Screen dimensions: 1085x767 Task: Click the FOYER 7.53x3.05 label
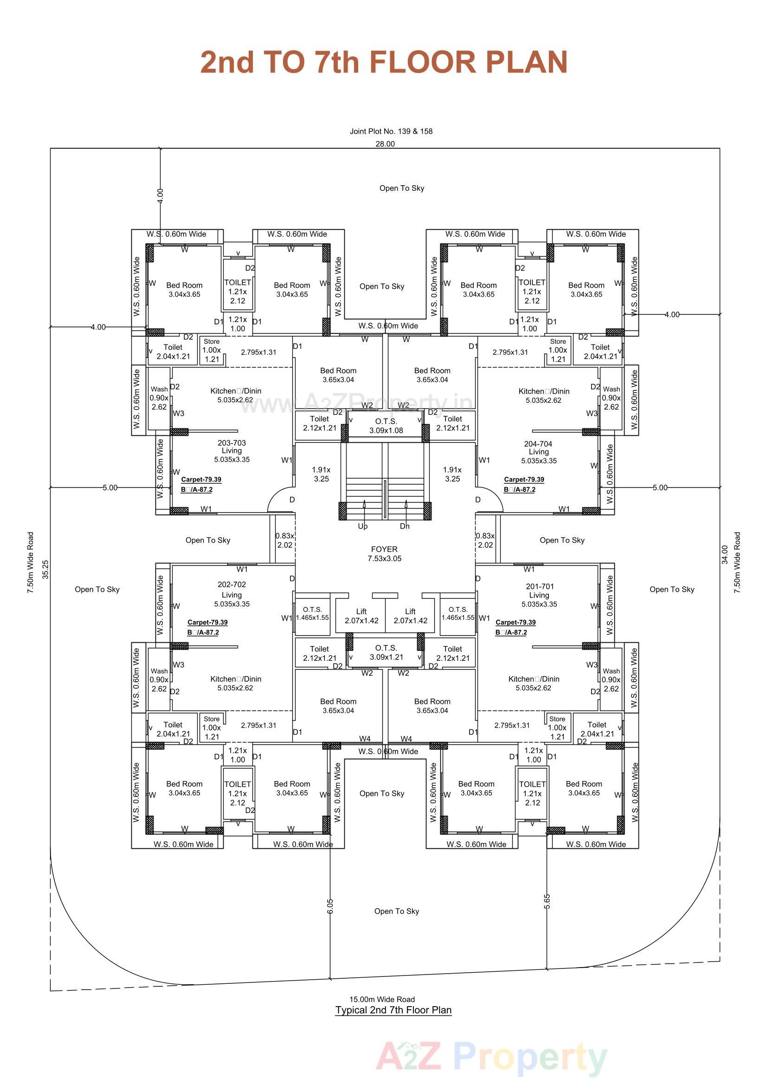click(384, 553)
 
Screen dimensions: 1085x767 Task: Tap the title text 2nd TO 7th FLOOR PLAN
click(383, 62)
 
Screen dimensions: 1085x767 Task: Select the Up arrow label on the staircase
click(362, 526)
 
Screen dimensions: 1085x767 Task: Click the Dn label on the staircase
click(405, 526)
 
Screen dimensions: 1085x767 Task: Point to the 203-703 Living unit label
click(232, 451)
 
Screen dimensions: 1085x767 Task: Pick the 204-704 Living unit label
click(538, 452)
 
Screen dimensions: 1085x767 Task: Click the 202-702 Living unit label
click(232, 594)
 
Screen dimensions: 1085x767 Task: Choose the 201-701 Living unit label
click(539, 595)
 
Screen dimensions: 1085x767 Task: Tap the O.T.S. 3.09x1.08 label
click(386, 426)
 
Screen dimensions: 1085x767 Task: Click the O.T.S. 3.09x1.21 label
click(386, 652)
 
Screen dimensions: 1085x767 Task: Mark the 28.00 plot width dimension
click(385, 144)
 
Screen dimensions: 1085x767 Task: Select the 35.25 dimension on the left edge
click(45, 569)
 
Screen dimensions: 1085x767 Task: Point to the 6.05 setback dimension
click(330, 905)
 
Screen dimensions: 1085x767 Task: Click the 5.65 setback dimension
click(547, 902)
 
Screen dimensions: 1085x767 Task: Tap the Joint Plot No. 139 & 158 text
click(391, 131)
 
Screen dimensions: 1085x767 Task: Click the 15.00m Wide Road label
click(382, 1000)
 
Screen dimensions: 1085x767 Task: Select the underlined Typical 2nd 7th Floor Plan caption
click(393, 1010)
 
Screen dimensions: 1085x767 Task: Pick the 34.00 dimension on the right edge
click(724, 555)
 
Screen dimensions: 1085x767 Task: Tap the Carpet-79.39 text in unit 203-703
click(201, 479)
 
